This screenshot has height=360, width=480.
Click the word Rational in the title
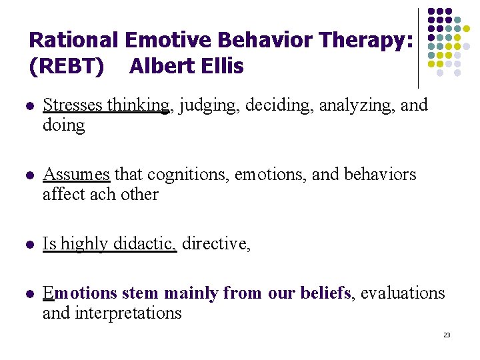coord(74,41)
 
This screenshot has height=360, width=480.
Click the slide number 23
coord(447,335)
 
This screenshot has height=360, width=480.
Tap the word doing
coord(63,125)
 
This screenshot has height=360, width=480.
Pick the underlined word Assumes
coord(76,175)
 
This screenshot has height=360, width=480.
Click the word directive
coord(215,244)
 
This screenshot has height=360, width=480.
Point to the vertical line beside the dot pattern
coord(418,47)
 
